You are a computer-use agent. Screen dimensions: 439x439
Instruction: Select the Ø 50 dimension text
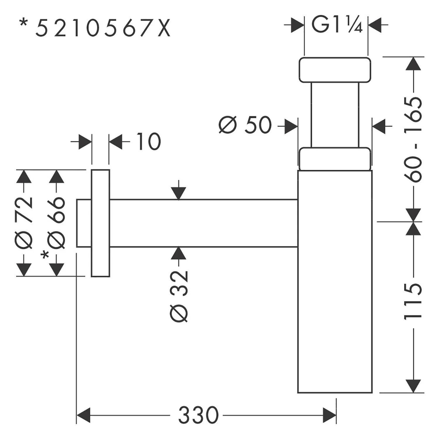245,125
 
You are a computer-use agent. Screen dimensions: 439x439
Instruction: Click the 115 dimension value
414,300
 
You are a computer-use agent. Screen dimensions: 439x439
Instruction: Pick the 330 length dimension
198,415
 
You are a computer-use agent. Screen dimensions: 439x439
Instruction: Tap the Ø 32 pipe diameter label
179,296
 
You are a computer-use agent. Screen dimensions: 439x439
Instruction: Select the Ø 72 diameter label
23,222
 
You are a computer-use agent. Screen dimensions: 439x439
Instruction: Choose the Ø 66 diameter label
56,222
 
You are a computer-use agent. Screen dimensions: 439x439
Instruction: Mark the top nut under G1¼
335,70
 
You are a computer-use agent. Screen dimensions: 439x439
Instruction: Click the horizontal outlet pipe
203,223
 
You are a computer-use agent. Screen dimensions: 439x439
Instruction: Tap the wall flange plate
100,223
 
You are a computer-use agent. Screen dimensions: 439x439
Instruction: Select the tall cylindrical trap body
335,281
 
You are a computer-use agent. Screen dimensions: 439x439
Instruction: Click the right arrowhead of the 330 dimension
330,415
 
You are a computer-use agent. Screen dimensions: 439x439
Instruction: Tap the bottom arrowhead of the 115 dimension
414,386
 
